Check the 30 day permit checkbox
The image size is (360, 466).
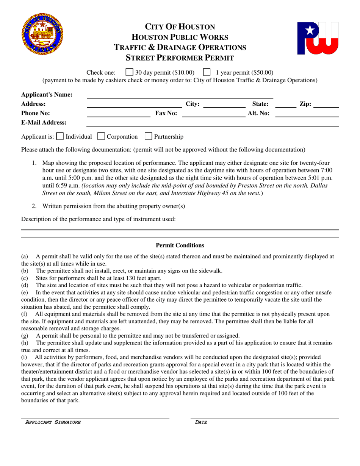tap(129, 72)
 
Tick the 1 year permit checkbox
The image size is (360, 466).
tap(207, 72)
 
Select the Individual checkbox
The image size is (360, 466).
tap(60, 136)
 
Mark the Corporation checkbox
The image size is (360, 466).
tap(101, 136)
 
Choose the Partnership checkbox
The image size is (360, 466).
tap(149, 136)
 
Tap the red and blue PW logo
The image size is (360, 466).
tap(318, 38)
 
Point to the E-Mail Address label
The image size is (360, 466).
tap(44, 122)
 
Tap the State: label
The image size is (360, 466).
tap(260, 103)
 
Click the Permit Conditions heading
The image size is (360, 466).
tap(180, 246)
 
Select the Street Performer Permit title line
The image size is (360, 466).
tap(180, 58)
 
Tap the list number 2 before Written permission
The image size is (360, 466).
tap(34, 206)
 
